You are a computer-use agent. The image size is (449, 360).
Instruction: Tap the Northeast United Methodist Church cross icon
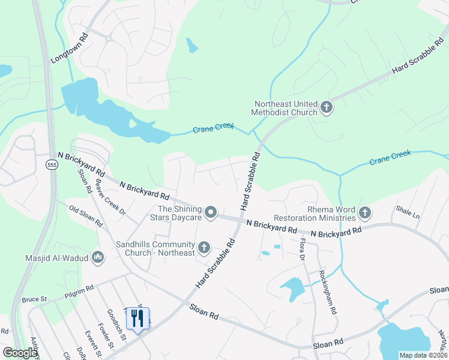[327, 108]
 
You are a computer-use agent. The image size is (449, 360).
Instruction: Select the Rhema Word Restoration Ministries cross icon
[364, 212]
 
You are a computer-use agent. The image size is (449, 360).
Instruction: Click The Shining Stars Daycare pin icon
[211, 212]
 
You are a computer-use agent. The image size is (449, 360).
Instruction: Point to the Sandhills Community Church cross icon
[204, 247]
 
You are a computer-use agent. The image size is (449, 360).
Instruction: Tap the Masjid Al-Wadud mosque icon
[98, 258]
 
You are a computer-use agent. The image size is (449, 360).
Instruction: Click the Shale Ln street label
[408, 212]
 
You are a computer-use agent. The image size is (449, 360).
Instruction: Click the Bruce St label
[35, 298]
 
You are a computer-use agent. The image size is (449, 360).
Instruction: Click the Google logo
[20, 353]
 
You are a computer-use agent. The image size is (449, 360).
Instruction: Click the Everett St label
[91, 343]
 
